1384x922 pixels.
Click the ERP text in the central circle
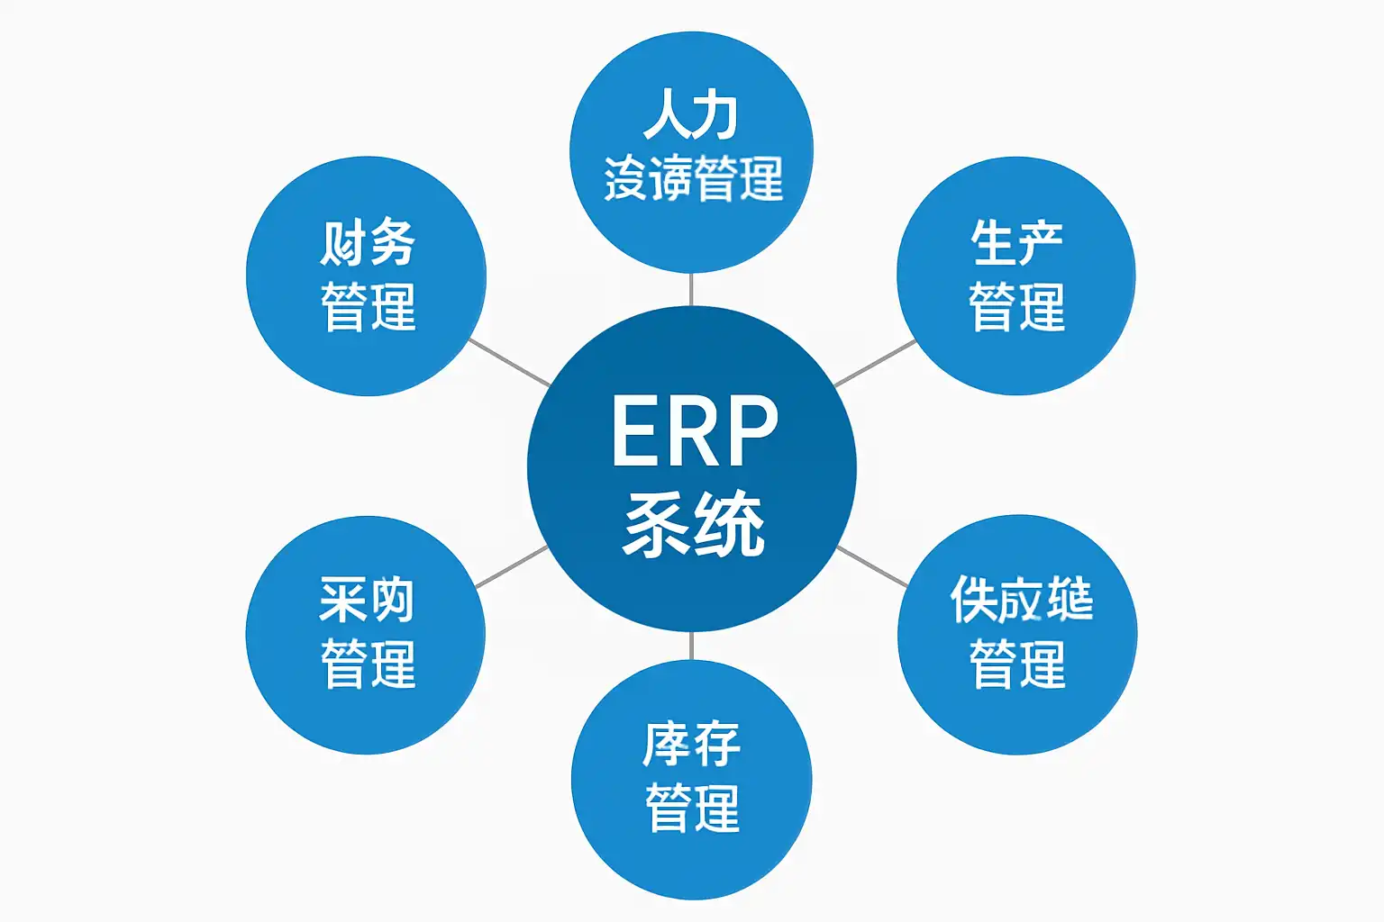693,431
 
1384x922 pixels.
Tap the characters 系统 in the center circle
693,523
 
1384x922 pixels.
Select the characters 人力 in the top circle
691,114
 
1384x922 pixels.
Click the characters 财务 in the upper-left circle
368,242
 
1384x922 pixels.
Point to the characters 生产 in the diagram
1016,243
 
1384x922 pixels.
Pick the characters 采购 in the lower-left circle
367,601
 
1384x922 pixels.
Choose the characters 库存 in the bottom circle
691,744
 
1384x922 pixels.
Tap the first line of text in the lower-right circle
1021,600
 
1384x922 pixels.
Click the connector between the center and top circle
691,289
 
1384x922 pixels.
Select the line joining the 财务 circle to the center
510,363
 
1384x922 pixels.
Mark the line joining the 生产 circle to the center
875,363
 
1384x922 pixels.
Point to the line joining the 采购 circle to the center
511,567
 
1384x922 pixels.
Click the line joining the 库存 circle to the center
691,646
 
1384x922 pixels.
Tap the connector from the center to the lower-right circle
872,566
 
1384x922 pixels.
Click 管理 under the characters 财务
368,306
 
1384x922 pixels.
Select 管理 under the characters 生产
1016,306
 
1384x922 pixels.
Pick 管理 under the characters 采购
368,664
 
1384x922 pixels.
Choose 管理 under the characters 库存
692,807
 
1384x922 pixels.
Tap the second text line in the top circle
692,177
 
